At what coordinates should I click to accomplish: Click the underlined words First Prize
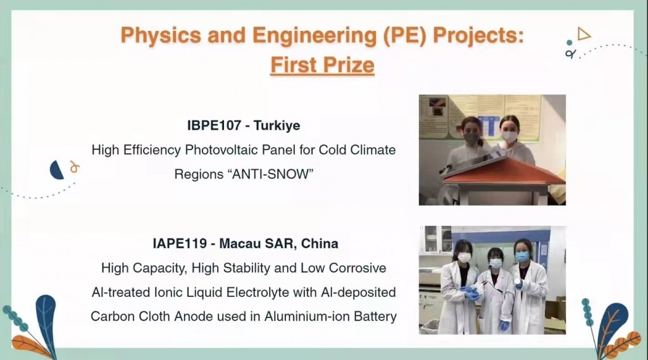(322, 65)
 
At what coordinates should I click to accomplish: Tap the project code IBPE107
(214, 125)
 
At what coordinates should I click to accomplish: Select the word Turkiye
(277, 125)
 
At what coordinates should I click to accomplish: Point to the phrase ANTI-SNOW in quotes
(270, 174)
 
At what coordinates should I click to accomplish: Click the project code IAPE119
(180, 244)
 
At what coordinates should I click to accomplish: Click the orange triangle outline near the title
(583, 34)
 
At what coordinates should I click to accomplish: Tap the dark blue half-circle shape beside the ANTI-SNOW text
(56, 170)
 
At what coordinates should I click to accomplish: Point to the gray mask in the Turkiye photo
(471, 138)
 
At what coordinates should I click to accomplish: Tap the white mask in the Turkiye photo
(509, 137)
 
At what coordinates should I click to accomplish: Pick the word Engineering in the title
(315, 35)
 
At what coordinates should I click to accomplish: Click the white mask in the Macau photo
(464, 258)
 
